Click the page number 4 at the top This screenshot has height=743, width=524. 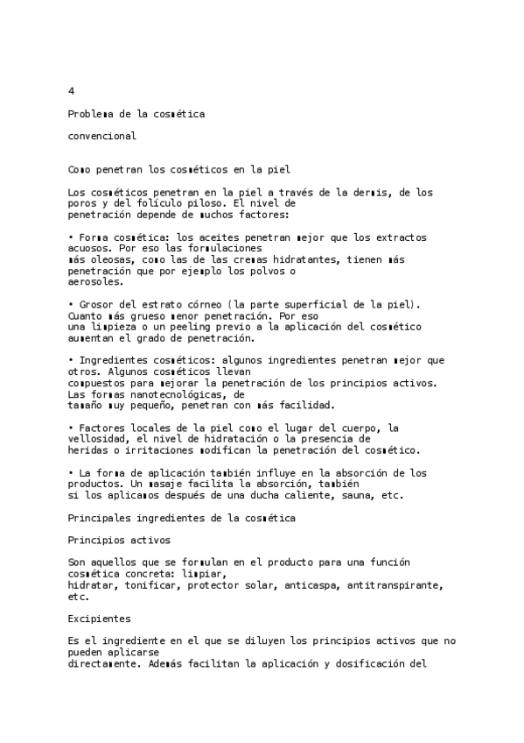tap(71, 91)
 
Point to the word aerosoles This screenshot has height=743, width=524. tap(95, 282)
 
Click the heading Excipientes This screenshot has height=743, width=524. tap(99, 619)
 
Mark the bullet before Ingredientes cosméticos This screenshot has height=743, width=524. tap(70, 360)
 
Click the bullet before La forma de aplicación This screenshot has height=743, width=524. tap(70, 473)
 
